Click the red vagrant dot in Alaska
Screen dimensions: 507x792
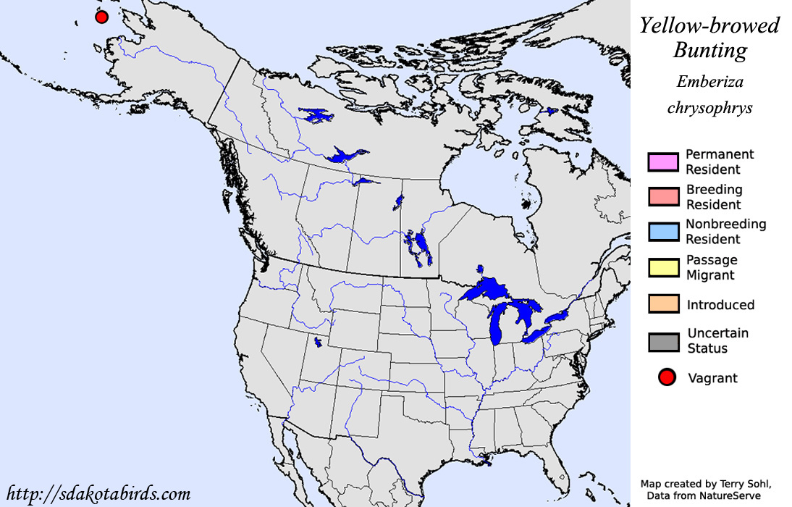(x=102, y=17)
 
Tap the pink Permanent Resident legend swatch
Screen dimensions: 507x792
(x=663, y=162)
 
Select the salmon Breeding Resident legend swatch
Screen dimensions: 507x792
(x=663, y=197)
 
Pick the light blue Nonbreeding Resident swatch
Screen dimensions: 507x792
(x=663, y=232)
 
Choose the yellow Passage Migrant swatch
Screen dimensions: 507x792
(x=663, y=267)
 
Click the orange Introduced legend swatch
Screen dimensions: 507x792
(x=663, y=304)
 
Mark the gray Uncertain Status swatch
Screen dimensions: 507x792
(x=663, y=341)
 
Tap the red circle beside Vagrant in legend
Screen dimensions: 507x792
(x=666, y=377)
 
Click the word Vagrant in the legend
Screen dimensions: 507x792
(x=712, y=377)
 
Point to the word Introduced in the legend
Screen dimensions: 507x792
(x=720, y=305)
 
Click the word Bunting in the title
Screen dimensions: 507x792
(x=709, y=51)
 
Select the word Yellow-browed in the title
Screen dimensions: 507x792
(x=709, y=26)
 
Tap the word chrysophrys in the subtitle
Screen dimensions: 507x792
(x=709, y=108)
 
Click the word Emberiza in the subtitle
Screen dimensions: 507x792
(x=709, y=82)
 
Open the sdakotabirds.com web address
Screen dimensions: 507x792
(x=98, y=494)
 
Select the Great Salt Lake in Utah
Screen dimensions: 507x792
(x=317, y=342)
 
